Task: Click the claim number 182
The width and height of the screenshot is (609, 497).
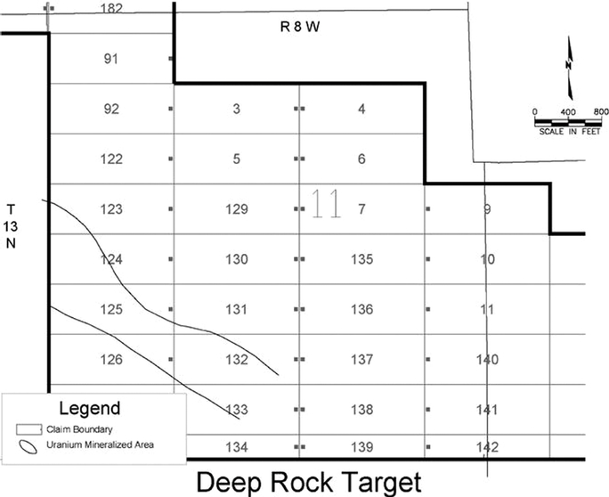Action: [x=112, y=8]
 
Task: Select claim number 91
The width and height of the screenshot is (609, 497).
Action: [x=112, y=60]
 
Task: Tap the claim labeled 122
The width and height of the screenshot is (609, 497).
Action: [x=112, y=159]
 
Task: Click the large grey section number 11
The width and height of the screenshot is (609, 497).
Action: [x=325, y=206]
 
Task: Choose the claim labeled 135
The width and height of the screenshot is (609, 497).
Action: [x=361, y=260]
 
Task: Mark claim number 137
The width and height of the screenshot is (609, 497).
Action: [x=361, y=360]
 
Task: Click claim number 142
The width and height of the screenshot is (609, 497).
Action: [x=487, y=446]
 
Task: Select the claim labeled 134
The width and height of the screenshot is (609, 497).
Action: [x=236, y=445]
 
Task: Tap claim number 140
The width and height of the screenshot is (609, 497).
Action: [x=487, y=360]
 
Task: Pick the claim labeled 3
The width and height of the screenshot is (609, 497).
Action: [x=236, y=110]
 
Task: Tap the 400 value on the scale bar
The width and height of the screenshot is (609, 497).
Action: [x=567, y=110]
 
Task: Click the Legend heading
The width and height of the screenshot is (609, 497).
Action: [x=89, y=409]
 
